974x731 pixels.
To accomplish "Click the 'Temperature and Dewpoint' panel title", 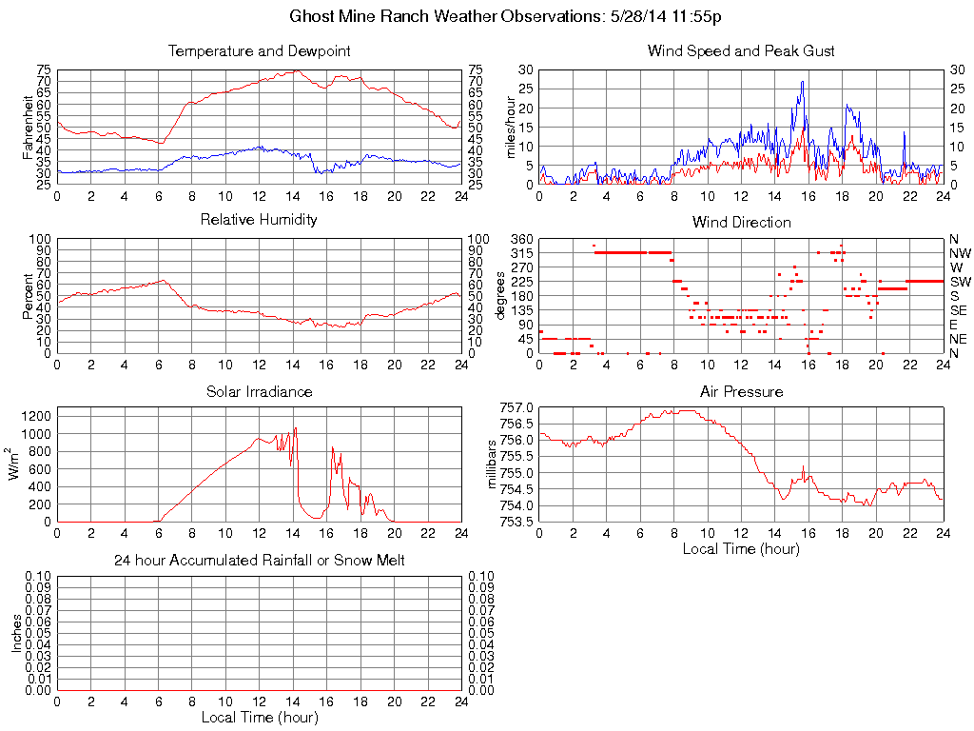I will (x=259, y=50).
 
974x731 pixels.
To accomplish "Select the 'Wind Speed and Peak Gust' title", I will (x=741, y=50).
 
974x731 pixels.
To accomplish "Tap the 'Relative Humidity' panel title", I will (x=259, y=220).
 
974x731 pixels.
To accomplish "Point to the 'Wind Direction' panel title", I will (x=741, y=223).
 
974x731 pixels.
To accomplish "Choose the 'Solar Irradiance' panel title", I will (x=259, y=391).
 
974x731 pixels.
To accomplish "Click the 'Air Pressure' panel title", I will (x=741, y=391).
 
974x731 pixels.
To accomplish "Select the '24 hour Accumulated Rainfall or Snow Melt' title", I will (x=259, y=561).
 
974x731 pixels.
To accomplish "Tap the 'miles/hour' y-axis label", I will (x=510, y=127).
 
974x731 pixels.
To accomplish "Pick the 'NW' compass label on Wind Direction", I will (x=960, y=253).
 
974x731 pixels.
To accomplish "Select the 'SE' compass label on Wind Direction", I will (x=959, y=310).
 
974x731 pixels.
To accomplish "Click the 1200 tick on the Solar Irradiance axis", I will (x=38, y=416).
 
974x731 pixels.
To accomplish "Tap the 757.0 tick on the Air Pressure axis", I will (x=517, y=407).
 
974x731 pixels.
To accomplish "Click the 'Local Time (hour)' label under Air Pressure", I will (x=741, y=548).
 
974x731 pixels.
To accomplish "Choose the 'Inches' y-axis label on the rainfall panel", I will (x=16, y=633).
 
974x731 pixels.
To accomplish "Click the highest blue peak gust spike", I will (x=803, y=82).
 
